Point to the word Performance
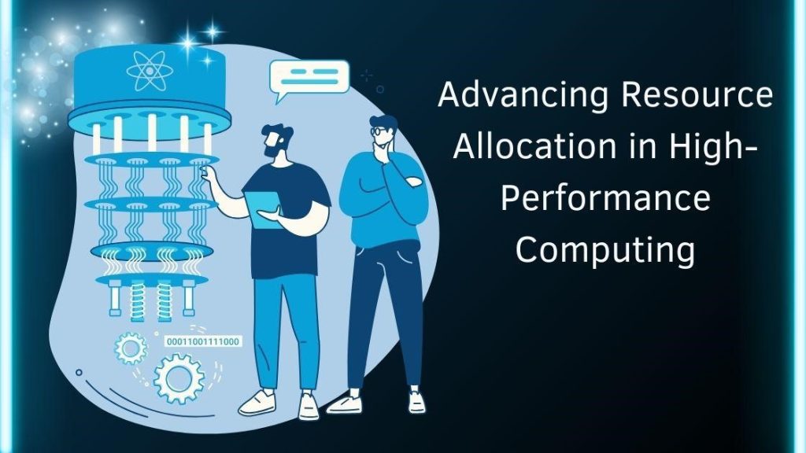(x=605, y=198)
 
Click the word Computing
(x=605, y=251)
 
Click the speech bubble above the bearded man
(x=308, y=77)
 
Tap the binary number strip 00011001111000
(x=202, y=341)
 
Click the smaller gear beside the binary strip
(x=131, y=347)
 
